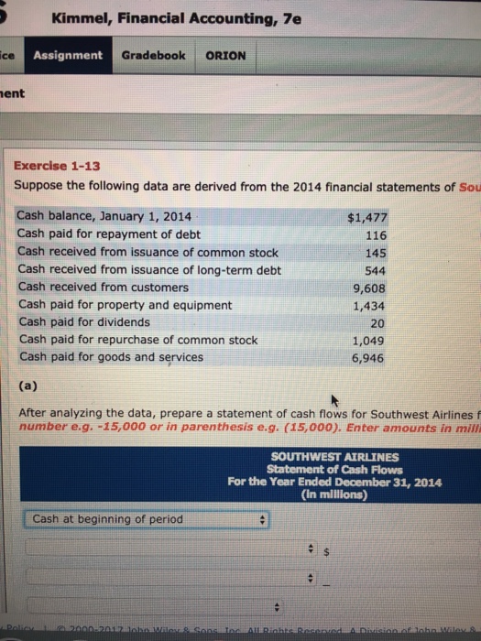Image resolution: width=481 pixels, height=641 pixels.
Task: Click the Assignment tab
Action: click(69, 55)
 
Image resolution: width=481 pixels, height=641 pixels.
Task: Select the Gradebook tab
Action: click(153, 55)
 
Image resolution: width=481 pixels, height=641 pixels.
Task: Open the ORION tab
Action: click(224, 55)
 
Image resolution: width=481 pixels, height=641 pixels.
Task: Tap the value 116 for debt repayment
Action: click(376, 235)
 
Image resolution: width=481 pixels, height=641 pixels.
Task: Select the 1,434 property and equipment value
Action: click(371, 305)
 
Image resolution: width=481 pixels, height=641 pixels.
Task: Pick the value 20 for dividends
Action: click(378, 322)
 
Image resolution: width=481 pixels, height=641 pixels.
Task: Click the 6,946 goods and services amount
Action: click(371, 357)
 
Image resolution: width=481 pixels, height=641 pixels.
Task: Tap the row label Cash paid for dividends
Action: click(84, 322)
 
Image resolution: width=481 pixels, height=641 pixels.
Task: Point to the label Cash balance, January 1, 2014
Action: click(104, 218)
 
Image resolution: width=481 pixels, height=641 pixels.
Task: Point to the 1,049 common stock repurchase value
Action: click(371, 340)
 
